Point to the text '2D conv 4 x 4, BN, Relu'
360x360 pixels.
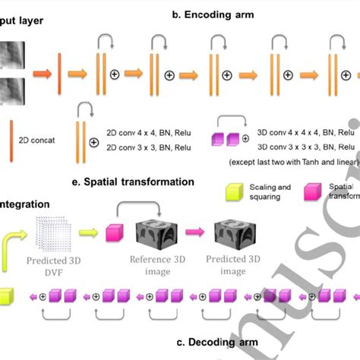click(x=147, y=130)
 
